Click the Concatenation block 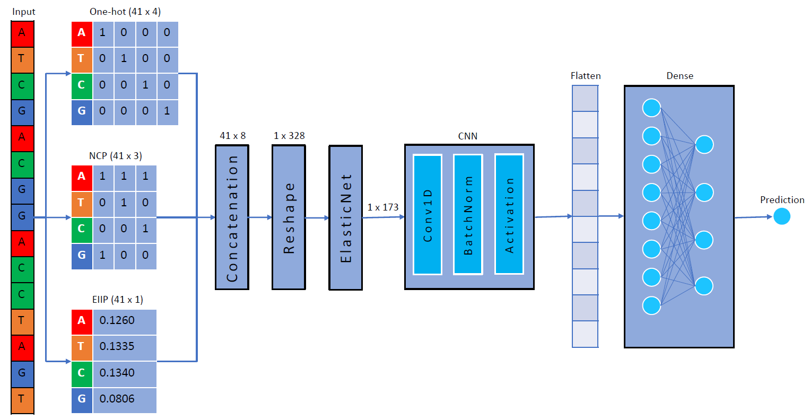[232, 217]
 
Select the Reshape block [289, 217]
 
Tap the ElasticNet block [346, 218]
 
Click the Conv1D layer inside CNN [428, 215]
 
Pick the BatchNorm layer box [468, 215]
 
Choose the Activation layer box [509, 215]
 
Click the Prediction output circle [781, 216]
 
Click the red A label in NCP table [82, 177]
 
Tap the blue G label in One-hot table [82, 111]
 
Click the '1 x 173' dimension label [383, 207]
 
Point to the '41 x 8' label [233, 136]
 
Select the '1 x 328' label [289, 136]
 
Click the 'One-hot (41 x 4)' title [125, 12]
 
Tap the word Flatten [586, 76]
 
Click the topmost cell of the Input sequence [22, 33]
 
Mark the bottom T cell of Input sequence [22, 400]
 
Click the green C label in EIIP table [82, 373]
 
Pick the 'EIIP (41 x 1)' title [118, 300]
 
